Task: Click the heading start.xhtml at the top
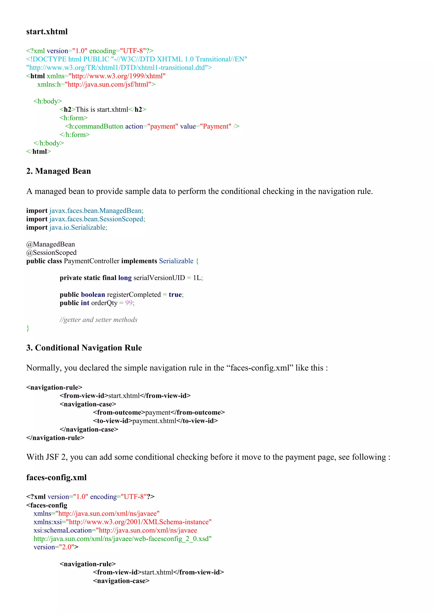point(47,32)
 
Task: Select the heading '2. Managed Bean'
point(58,171)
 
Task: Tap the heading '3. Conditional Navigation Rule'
point(84,348)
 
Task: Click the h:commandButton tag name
point(96,126)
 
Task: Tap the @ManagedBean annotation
point(50,244)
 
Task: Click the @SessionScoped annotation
point(51,253)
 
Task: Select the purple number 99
point(129,303)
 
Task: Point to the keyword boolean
point(93,295)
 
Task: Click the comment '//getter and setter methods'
point(98,320)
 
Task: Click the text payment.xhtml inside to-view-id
point(154,421)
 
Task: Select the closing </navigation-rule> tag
point(55,438)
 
